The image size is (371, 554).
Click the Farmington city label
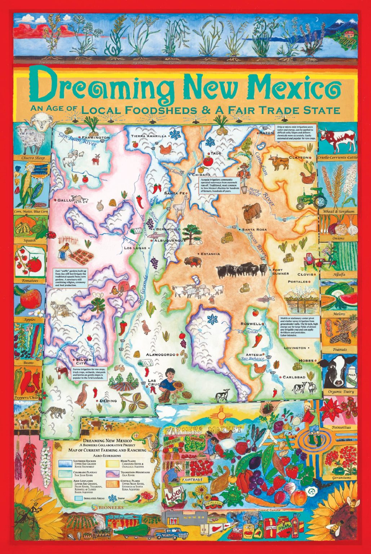96,138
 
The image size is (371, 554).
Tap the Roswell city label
251,324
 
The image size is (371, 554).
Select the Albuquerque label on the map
169,240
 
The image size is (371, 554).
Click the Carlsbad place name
294,377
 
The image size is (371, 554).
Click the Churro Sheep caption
33,158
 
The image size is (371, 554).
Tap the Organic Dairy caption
341,391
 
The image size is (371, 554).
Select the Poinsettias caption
340,427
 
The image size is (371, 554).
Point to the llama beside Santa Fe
179,206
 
